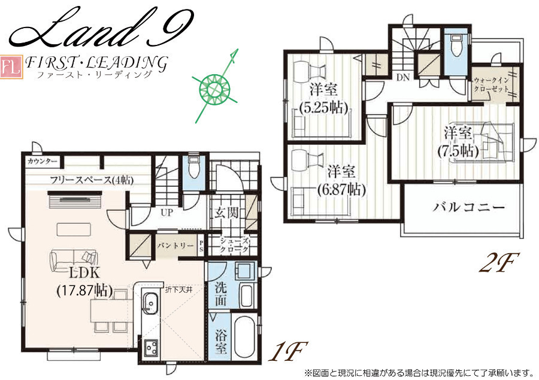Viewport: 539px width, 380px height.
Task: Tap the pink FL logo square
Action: click(x=11, y=67)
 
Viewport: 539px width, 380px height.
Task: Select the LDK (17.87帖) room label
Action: click(x=84, y=282)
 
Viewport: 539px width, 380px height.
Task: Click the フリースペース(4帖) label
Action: click(x=92, y=180)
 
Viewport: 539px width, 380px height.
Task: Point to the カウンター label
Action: click(x=42, y=161)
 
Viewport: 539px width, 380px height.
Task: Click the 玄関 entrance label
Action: click(x=226, y=212)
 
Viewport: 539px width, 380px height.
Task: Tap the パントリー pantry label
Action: click(x=175, y=245)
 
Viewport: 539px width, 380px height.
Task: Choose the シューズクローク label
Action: click(x=234, y=245)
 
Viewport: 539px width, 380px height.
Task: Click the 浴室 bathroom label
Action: click(x=220, y=342)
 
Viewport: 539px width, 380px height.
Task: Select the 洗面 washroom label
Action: click(x=220, y=293)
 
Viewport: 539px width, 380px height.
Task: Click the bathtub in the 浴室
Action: click(x=244, y=338)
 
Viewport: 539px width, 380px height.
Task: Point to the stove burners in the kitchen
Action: click(x=151, y=348)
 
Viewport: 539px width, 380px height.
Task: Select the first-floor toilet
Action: click(x=194, y=168)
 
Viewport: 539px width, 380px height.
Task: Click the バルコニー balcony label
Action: click(x=469, y=208)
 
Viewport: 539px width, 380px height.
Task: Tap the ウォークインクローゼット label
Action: click(x=492, y=84)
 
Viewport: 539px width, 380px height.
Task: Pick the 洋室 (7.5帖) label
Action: click(x=458, y=142)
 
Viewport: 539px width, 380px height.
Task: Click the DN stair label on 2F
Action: click(x=403, y=78)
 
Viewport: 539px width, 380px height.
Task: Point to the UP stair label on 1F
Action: click(x=166, y=212)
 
